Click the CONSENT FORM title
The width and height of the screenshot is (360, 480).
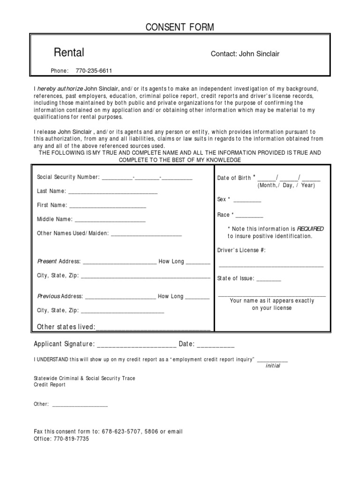180,28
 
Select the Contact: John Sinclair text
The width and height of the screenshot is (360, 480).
245,54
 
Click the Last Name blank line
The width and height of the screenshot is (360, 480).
113,192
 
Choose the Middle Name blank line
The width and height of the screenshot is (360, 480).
110,220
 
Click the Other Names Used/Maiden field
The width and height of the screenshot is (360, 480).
146,234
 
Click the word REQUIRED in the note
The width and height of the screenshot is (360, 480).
310,229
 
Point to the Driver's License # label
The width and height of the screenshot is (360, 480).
241,250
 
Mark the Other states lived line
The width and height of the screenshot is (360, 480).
153,328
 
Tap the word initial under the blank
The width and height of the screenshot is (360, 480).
273,366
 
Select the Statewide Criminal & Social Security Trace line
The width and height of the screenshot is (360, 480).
84,378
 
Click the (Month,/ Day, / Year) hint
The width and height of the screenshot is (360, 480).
286,185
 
